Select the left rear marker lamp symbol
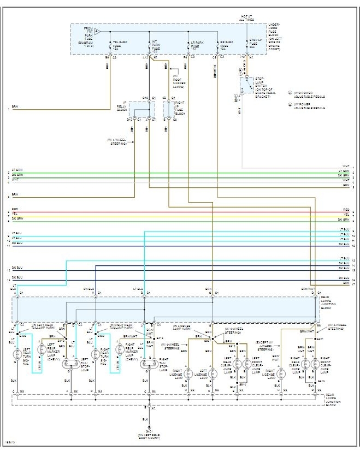(42, 349)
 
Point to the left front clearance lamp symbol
(246, 363)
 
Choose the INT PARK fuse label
(156, 44)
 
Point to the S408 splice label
(23, 336)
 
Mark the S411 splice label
(320, 339)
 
